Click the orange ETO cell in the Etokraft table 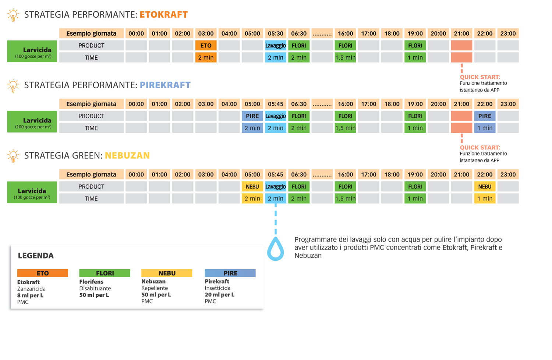[206, 46]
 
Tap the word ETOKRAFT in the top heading [164, 15]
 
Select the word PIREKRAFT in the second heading [165, 85]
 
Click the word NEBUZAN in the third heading [127, 156]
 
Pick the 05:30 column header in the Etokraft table [275, 33]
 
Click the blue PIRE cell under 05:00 [252, 116]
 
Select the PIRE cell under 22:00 [485, 116]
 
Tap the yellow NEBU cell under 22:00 [485, 187]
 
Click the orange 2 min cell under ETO [206, 58]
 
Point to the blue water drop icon [275, 249]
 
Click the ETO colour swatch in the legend [43, 273]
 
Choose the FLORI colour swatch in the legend [105, 273]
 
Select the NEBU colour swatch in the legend [167, 273]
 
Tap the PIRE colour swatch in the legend [230, 273]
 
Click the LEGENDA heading [36, 256]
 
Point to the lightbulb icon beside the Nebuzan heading [13, 156]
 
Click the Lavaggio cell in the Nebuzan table [275, 187]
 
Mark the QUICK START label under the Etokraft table [480, 77]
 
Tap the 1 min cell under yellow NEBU [485, 199]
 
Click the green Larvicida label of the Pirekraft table [32, 122]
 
